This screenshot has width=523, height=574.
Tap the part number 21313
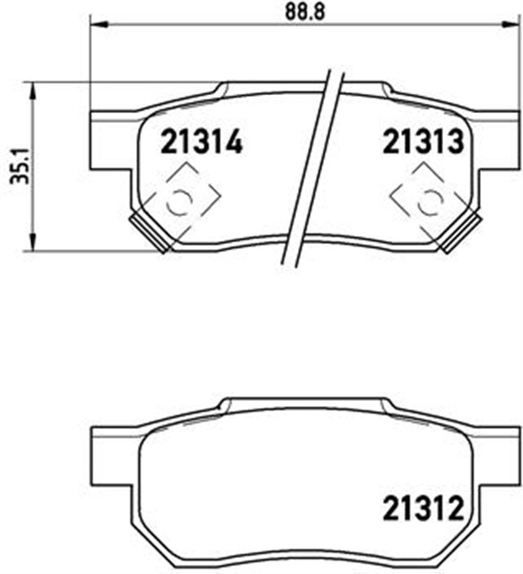pos(423,142)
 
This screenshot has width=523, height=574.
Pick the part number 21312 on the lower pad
pos(422,512)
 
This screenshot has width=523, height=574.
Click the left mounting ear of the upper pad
pos(113,139)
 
